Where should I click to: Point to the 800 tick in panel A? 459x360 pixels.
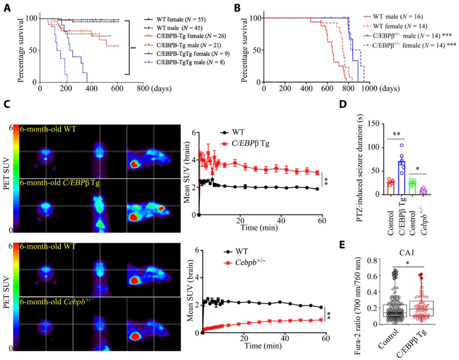(x=144, y=89)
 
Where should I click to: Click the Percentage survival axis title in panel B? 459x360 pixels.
(x=245, y=50)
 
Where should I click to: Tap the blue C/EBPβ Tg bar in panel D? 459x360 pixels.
(x=401, y=178)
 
